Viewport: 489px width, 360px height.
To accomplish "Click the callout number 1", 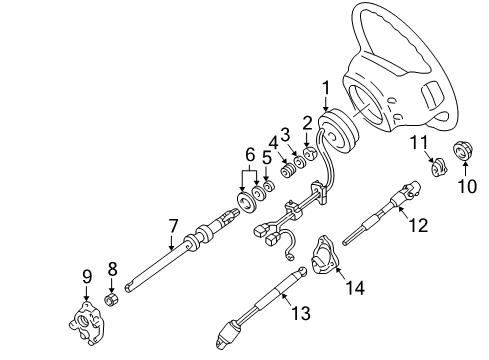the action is coord(326,88).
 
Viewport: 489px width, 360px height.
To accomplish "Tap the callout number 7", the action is coord(173,226).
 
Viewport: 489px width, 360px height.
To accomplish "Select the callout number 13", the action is coord(301,313).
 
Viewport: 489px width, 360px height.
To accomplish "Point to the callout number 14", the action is coord(355,287).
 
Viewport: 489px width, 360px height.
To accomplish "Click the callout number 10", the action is coord(467,186).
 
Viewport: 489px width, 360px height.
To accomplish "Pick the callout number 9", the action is coord(87,276).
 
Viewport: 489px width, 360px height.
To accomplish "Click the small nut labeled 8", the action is coord(112,299).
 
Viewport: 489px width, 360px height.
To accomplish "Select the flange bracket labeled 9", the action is coord(87,323).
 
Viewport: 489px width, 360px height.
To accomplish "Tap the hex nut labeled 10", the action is coord(463,151).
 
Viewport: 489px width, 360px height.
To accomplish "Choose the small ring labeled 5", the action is coord(268,187).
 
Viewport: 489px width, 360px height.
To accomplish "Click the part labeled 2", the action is coord(310,154).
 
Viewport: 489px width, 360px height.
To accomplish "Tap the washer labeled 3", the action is coord(300,162).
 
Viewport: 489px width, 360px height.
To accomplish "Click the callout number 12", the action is coord(418,225).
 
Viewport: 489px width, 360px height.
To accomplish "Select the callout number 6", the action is coord(250,155).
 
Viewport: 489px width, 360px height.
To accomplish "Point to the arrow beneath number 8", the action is coord(112,285).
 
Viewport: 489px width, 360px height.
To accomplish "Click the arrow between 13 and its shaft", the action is coord(288,299).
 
